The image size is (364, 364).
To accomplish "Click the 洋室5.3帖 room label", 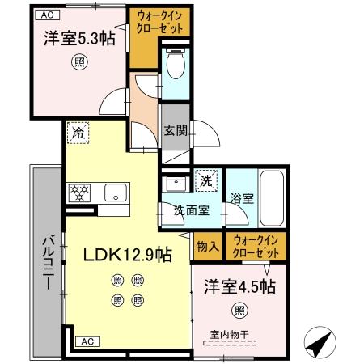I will [78, 38].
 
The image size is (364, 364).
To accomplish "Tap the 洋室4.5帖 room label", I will [239, 286].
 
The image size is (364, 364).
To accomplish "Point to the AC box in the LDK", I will [87, 342].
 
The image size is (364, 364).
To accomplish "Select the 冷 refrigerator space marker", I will [78, 133].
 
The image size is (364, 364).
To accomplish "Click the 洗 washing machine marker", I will [205, 180].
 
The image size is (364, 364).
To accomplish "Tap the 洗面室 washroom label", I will [191, 210].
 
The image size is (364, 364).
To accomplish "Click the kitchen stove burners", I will [80, 193].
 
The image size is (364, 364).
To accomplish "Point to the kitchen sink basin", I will [116, 193].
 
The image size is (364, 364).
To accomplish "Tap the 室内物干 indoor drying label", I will [228, 333].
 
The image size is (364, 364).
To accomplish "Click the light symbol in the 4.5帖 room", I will [239, 309].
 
